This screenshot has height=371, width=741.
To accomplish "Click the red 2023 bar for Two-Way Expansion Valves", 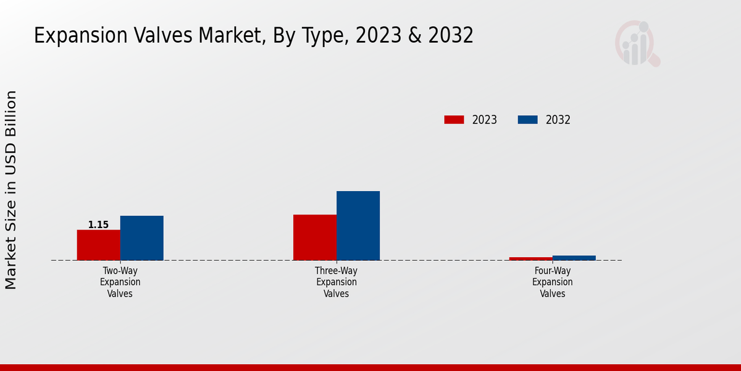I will coord(98,245).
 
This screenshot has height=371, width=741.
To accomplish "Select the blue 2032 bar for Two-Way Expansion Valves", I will coord(141,238).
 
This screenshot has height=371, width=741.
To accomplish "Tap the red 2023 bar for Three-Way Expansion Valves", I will coord(315,237).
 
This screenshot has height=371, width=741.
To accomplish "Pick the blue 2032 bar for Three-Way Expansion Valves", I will coord(358,226).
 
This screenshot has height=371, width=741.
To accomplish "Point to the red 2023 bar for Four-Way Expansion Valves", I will coord(531,258).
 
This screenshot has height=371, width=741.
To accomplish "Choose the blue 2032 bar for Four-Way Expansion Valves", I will coord(574,258).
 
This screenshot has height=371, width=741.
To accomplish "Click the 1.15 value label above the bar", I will coord(98,225).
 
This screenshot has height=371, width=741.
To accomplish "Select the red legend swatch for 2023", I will coord(454,120).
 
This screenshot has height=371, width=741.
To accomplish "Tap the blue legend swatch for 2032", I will coord(527,120).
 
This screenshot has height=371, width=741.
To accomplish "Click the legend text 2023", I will coord(485,120).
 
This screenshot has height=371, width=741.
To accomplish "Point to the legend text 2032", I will coord(558,120).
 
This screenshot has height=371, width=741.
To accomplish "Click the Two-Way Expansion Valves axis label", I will coord(120,282).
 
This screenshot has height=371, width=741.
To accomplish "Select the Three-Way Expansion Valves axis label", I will coord(337,282).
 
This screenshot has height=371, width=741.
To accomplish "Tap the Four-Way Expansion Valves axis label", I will coord(553,282).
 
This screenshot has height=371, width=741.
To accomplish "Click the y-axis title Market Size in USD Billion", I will coord(11,190).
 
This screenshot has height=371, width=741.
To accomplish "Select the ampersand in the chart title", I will coord(416,36).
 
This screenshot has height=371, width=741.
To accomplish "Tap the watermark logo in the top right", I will coord(637,44).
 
